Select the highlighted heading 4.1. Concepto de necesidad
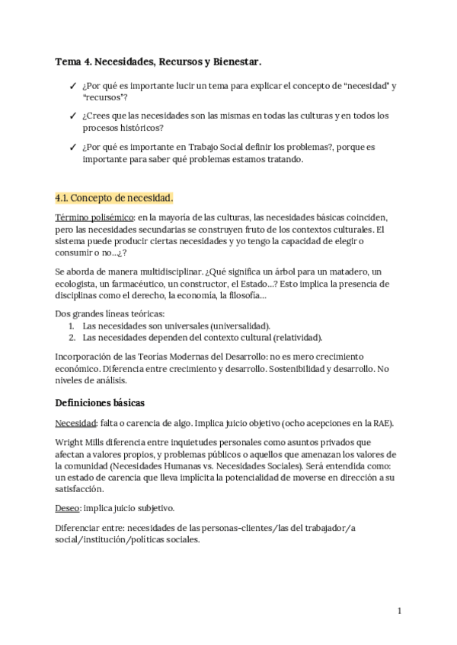coord(114,199)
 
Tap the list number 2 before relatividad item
coord(71,337)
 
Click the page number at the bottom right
coord(399,610)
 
